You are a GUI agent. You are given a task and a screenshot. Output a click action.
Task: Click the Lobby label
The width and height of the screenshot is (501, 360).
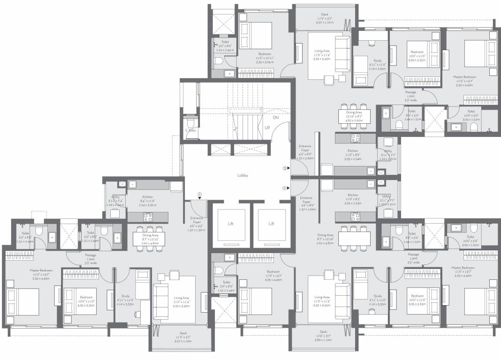coord(243,175)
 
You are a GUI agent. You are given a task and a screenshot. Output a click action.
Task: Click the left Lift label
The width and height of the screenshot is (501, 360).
coord(230,224)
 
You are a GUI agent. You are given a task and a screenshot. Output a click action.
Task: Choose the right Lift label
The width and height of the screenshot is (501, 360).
coord(271,224)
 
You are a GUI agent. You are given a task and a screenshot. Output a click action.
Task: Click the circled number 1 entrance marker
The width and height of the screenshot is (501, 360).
coord(199,194)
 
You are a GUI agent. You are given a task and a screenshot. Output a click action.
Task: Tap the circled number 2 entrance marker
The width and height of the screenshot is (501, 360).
coord(284,188)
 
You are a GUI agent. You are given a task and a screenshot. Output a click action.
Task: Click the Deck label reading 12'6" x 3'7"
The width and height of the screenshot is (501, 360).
coord(324,331)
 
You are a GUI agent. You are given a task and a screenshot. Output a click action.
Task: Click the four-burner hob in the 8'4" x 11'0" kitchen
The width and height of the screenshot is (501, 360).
coord(149,216)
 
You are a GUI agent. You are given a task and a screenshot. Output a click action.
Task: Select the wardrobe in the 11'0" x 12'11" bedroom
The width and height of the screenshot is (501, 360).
coord(256,73)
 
